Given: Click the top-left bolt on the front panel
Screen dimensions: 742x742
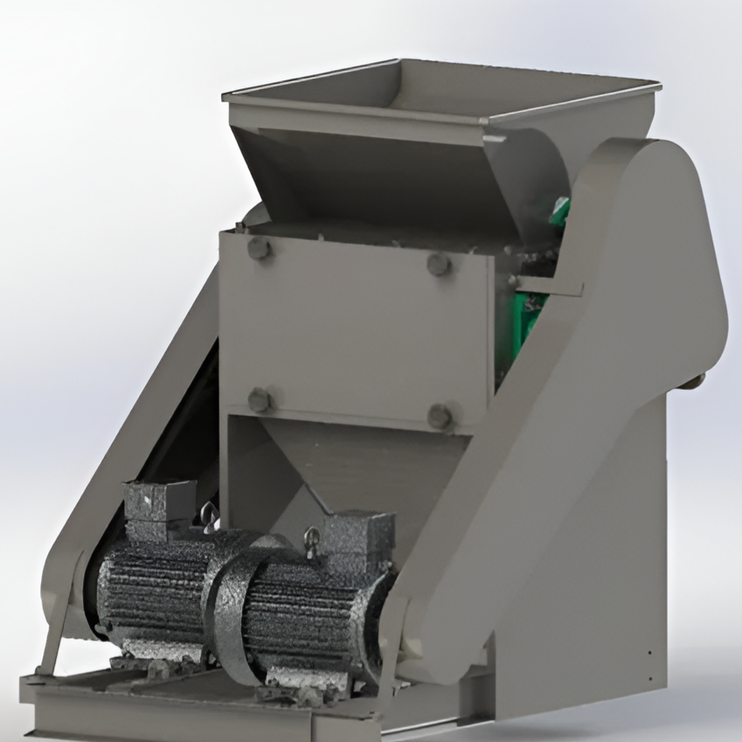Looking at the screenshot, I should pos(259,249).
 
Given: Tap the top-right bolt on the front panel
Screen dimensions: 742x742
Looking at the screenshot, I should pos(439,264).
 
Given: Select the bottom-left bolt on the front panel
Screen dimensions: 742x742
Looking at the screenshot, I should pos(260,400).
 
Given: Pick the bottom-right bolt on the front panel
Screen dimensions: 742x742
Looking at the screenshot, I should pos(440,416).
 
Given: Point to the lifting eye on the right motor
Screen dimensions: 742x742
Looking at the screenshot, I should pos(311,536).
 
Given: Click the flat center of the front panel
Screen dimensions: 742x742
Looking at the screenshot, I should pos(350,332).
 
